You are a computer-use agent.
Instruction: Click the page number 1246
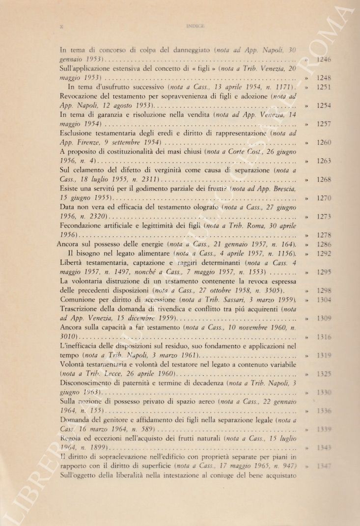(324, 59)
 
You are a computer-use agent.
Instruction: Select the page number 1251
(324, 87)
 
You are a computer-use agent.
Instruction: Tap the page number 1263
(324, 161)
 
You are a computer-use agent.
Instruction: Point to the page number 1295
(324, 272)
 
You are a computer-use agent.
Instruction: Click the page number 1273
(324, 216)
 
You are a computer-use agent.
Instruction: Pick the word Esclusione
(78, 133)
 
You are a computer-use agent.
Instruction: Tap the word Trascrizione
(81, 309)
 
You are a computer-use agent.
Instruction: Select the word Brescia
(281, 189)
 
